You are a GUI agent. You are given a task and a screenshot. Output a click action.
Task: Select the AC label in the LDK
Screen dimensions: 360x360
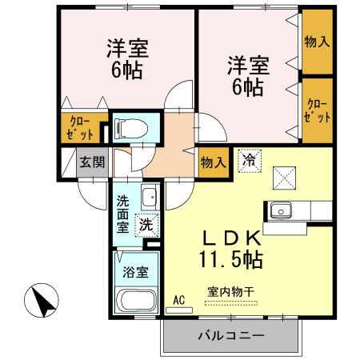[x=179, y=301]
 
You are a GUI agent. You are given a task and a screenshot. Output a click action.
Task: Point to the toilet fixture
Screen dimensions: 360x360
[x=131, y=126]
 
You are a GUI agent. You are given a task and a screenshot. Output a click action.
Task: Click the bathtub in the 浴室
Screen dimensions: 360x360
[x=138, y=302]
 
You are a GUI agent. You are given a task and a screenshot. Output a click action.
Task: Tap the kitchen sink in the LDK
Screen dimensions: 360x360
[x=282, y=210]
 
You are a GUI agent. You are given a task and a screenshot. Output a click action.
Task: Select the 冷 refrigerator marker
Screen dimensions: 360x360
[x=250, y=159]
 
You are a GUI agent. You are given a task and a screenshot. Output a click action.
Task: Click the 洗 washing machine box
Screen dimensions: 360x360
[x=146, y=226]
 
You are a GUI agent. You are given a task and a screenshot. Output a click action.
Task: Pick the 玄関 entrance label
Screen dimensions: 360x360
[x=92, y=162]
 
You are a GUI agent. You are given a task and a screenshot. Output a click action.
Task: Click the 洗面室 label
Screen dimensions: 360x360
[x=123, y=214]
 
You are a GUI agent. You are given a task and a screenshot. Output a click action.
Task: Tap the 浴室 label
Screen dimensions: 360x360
[x=134, y=271]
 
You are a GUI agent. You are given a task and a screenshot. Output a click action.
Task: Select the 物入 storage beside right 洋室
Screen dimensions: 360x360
[x=317, y=41]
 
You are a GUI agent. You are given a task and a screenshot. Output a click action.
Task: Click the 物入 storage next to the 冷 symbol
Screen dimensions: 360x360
[x=212, y=162]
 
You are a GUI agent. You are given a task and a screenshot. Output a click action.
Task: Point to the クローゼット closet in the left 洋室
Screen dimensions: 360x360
[x=82, y=127]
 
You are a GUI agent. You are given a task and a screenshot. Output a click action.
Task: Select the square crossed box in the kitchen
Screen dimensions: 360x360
[x=284, y=174]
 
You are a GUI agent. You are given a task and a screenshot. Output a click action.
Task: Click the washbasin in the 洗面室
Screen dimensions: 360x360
[x=147, y=197]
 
